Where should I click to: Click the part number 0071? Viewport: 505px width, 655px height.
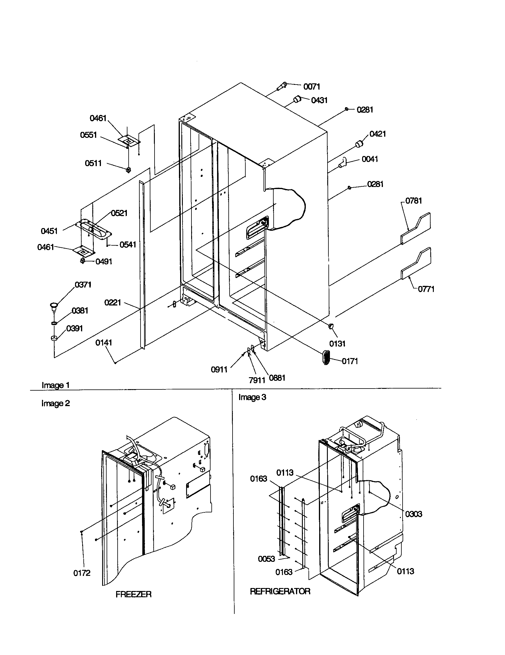(x=311, y=87)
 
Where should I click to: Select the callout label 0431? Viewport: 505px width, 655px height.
(x=319, y=100)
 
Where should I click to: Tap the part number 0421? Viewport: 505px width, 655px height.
(x=377, y=134)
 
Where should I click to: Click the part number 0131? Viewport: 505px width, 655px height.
(x=337, y=344)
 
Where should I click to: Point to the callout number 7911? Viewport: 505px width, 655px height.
(x=257, y=380)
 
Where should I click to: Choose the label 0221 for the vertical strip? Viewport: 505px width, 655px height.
(x=113, y=302)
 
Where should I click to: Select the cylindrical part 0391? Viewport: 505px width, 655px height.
(x=54, y=338)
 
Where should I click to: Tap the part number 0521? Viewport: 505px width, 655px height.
(x=119, y=213)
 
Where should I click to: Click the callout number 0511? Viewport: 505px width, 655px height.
(x=93, y=163)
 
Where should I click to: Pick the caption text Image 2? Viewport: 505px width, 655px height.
(x=55, y=403)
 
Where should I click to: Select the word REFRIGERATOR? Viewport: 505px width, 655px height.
(x=280, y=591)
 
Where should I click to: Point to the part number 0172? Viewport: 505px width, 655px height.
(x=82, y=573)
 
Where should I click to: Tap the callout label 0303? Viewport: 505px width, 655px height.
(x=414, y=514)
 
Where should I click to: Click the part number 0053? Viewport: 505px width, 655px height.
(x=266, y=559)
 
